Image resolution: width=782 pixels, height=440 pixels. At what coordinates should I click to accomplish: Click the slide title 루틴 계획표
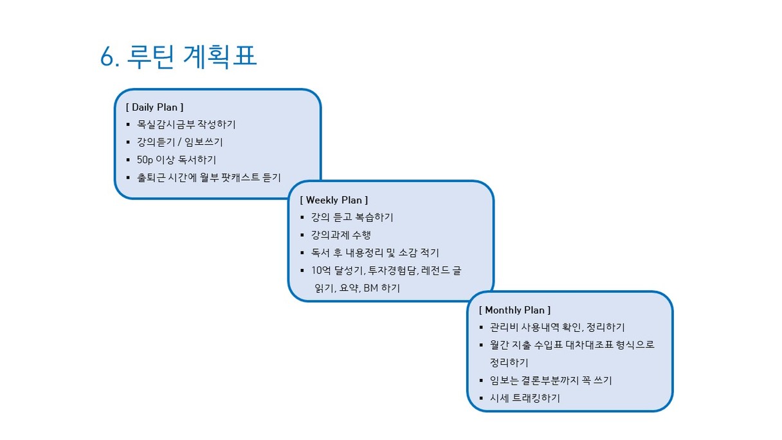[x=192, y=56]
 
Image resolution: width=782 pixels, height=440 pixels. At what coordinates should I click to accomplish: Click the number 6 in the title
[x=107, y=57]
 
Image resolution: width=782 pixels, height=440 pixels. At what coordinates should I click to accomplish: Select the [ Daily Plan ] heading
[x=154, y=107]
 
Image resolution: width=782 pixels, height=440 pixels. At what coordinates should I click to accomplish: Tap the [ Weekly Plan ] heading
[x=334, y=200]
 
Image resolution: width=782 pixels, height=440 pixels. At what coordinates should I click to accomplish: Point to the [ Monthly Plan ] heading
[x=514, y=310]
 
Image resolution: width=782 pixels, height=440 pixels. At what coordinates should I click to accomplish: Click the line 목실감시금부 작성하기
[x=186, y=124]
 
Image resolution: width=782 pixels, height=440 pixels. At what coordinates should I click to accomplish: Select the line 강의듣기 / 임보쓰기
[x=180, y=142]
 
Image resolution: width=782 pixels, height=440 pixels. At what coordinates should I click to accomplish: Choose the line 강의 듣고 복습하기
[x=352, y=217]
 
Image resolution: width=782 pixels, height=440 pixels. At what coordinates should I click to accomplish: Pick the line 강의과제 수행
[x=341, y=235]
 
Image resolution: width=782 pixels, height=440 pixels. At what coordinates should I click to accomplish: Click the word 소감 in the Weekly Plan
[x=408, y=252]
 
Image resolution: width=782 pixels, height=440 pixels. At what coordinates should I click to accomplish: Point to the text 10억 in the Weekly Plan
[x=321, y=270]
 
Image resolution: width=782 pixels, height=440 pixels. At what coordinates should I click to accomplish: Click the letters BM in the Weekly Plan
[x=371, y=288]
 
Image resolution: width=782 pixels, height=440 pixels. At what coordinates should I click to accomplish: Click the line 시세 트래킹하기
[x=525, y=398]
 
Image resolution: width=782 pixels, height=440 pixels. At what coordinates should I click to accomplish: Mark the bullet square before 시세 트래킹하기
[x=482, y=398]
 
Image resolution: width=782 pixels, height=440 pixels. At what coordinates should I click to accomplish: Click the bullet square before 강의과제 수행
[x=302, y=235]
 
